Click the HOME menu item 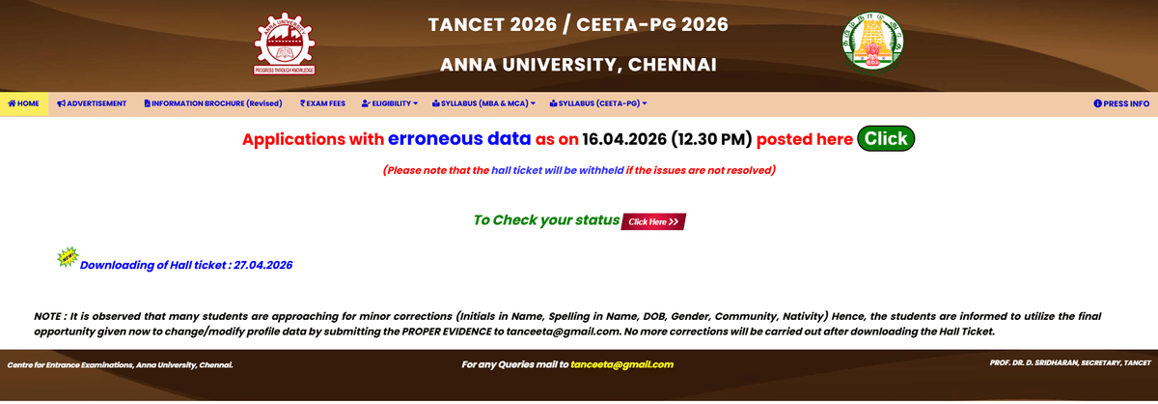point(23,103)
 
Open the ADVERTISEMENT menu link point(92,103)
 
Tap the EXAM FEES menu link point(322,103)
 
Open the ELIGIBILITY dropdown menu point(389,103)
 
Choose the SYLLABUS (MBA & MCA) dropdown point(483,103)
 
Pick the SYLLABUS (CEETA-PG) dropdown point(597,103)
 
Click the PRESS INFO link point(1120,103)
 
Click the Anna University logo point(285,44)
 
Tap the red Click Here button point(653,221)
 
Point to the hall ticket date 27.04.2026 point(262,265)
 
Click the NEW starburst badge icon point(69,257)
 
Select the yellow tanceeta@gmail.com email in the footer point(621,365)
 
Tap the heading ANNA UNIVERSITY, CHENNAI point(578,65)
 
